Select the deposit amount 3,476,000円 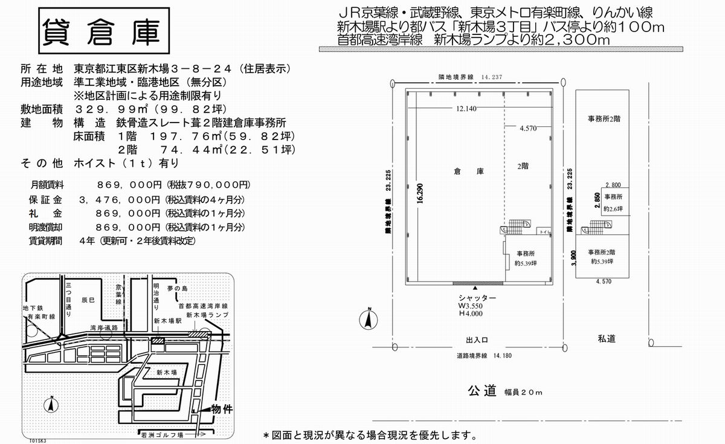click(x=119, y=199)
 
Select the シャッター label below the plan click(x=477, y=298)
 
